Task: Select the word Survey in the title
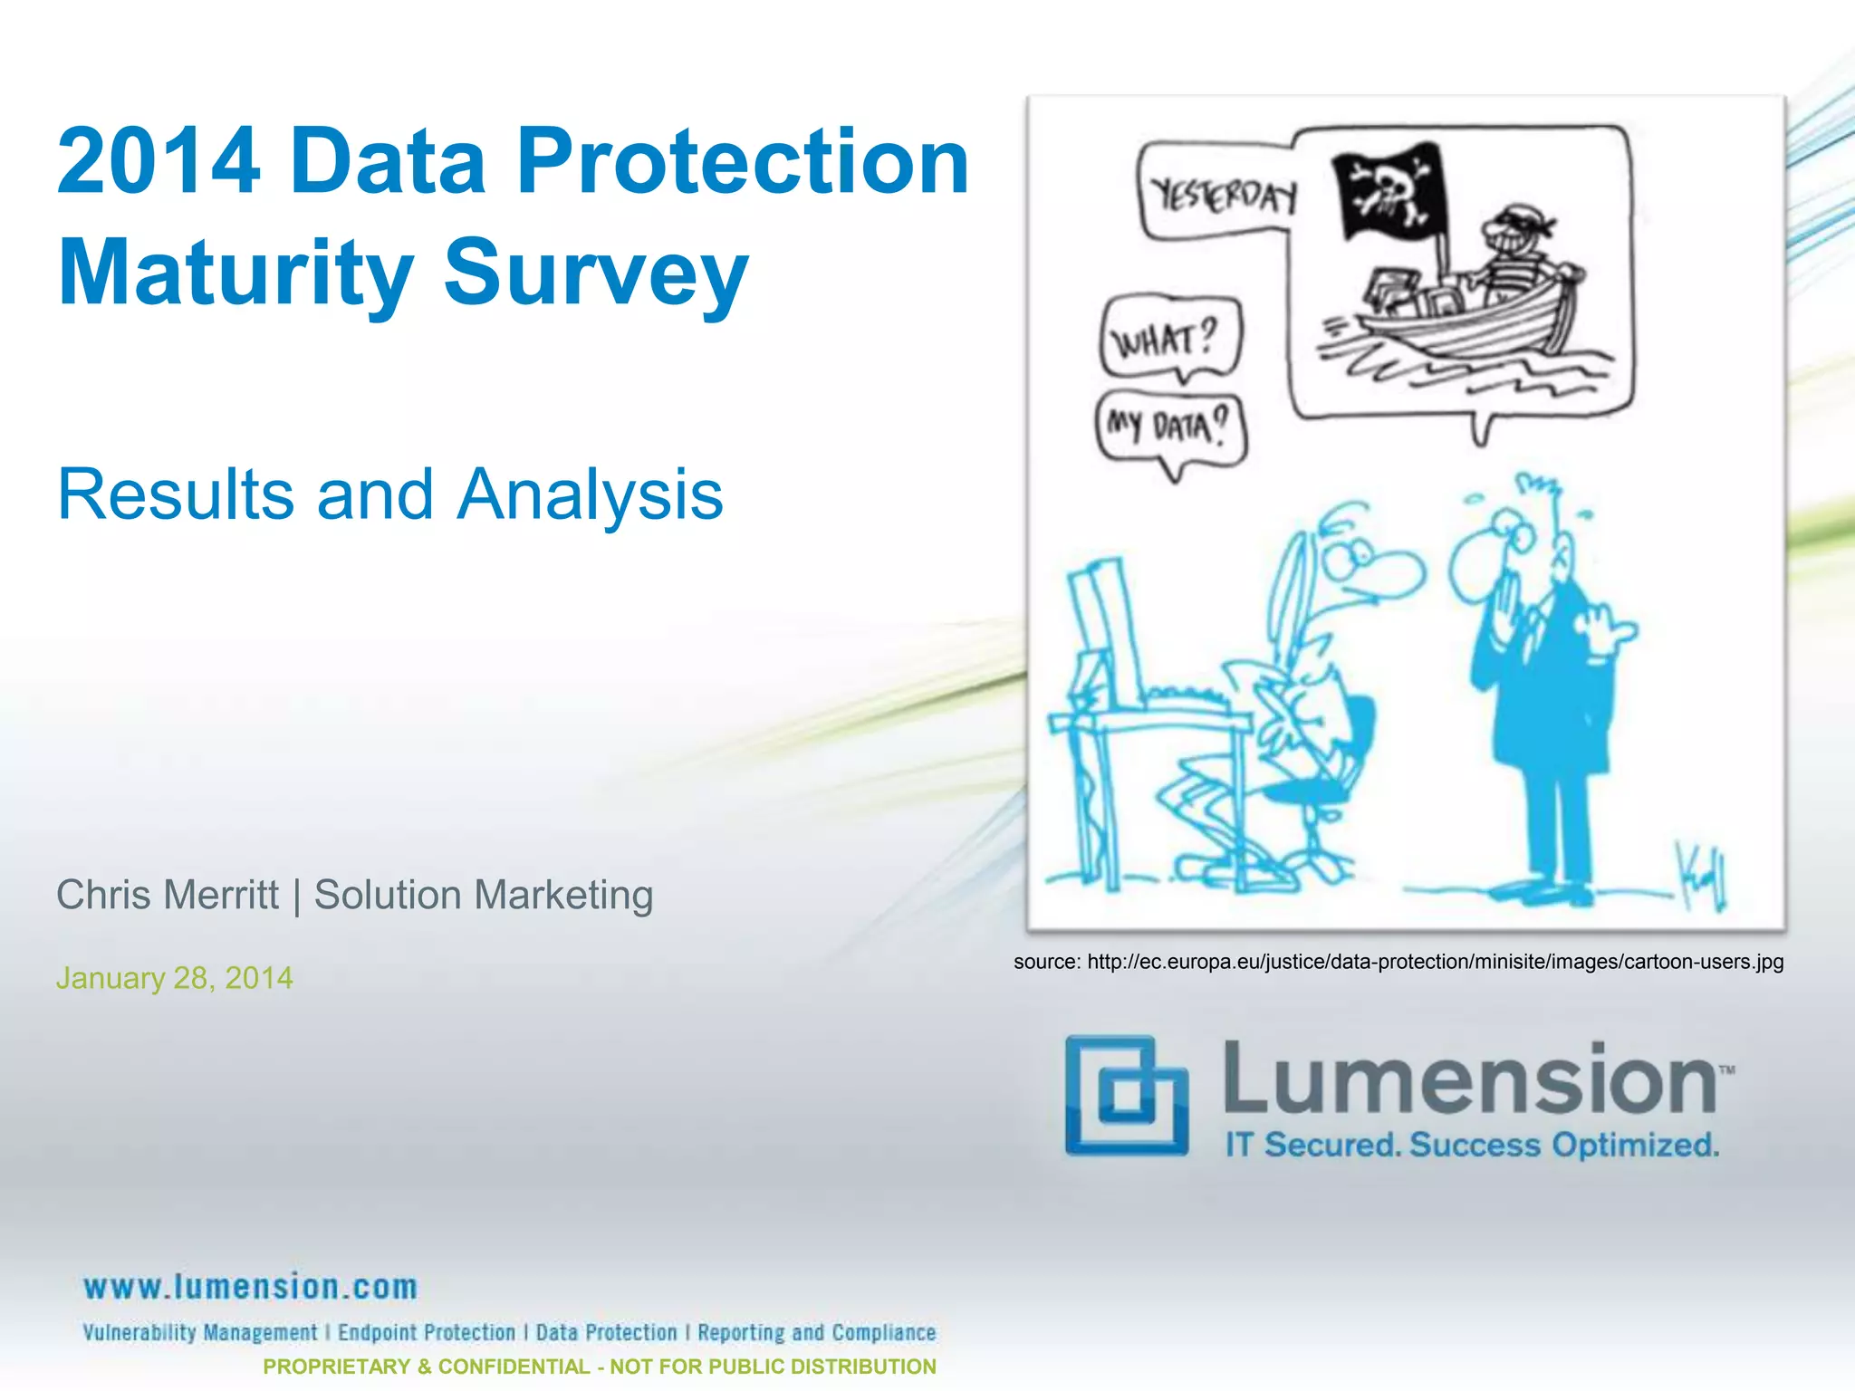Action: point(596,273)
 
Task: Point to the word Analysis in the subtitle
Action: point(590,494)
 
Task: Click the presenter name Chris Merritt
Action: point(168,895)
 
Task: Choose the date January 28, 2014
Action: point(175,978)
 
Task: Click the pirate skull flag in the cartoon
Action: point(1389,190)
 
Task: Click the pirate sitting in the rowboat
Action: point(1518,258)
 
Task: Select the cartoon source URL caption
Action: point(1398,962)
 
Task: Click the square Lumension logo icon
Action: point(1126,1096)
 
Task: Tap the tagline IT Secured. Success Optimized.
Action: point(1472,1145)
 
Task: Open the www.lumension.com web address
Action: point(251,1287)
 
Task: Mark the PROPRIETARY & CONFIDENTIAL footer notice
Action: point(600,1367)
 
